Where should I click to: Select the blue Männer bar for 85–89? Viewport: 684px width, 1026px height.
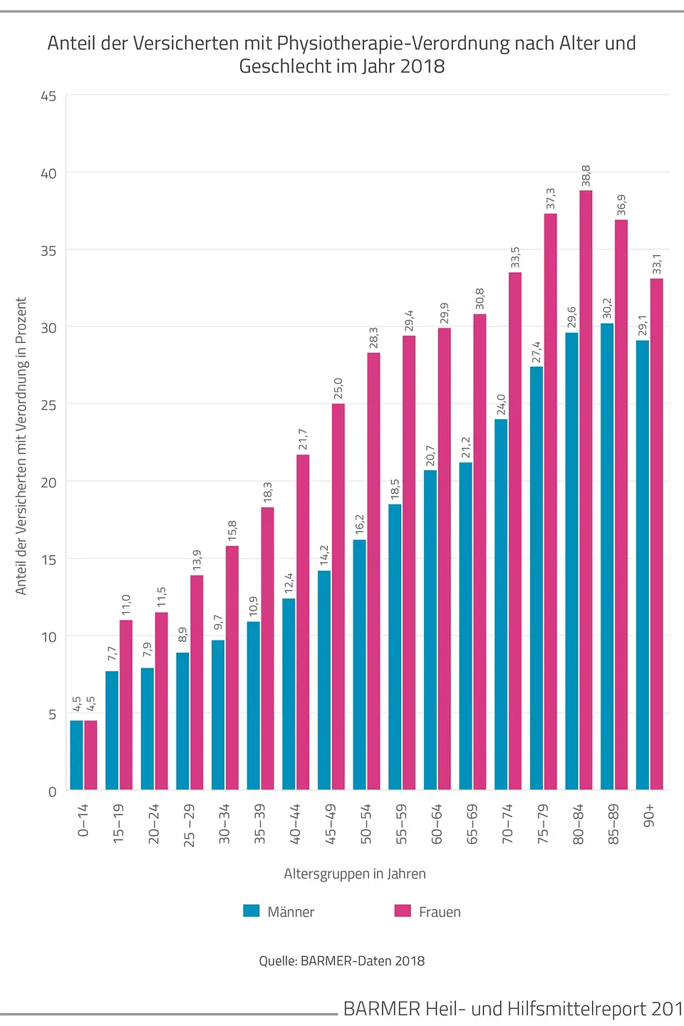tap(607, 556)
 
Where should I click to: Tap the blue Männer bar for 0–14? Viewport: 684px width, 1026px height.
tap(76, 755)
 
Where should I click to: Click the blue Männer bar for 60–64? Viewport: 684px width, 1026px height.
tap(430, 630)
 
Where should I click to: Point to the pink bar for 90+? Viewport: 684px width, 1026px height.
tap(656, 534)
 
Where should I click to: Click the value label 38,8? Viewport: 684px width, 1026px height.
tap(586, 176)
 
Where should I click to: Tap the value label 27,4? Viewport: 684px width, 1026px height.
tap(537, 353)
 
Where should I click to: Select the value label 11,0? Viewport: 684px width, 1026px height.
tap(126, 606)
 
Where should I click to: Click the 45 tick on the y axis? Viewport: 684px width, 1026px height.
tap(48, 96)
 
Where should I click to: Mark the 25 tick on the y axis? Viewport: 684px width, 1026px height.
tap(48, 405)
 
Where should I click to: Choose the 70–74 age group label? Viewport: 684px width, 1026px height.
tap(507, 824)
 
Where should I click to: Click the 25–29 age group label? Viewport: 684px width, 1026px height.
tap(189, 825)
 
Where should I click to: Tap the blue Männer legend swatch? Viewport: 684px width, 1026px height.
tap(252, 911)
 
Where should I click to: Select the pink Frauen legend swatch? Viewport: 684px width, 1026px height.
tap(403, 911)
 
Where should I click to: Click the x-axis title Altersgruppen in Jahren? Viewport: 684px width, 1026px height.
tap(355, 874)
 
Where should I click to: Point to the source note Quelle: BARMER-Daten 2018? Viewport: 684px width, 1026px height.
tap(342, 961)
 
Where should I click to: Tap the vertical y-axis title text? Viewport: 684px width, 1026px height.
tap(21, 446)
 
